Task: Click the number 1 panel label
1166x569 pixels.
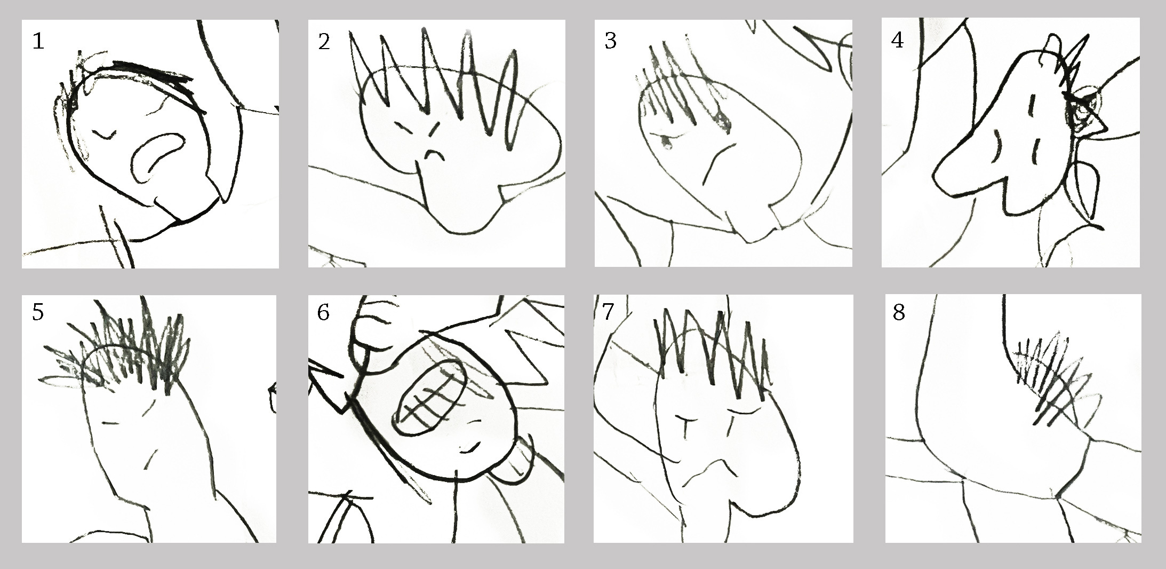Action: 38,41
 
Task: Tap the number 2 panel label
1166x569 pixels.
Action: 324,41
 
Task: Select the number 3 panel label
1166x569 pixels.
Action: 610,41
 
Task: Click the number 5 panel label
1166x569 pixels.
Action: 38,312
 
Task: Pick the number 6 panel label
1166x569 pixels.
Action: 323,312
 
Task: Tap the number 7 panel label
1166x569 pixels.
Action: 609,312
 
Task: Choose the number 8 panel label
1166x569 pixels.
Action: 899,312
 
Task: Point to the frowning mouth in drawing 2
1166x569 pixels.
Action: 435,155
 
